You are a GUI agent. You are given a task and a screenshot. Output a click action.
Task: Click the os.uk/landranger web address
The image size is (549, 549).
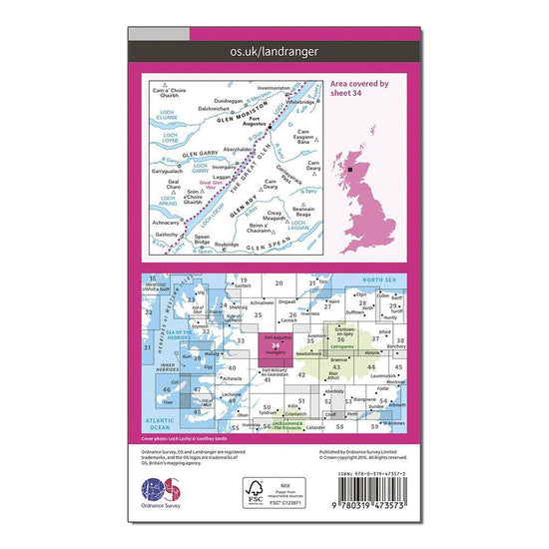[x=273, y=48]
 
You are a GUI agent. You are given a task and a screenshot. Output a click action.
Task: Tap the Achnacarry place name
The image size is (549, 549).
[x=166, y=223]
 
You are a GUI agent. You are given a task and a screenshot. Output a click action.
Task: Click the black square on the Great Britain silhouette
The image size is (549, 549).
[x=351, y=171]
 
